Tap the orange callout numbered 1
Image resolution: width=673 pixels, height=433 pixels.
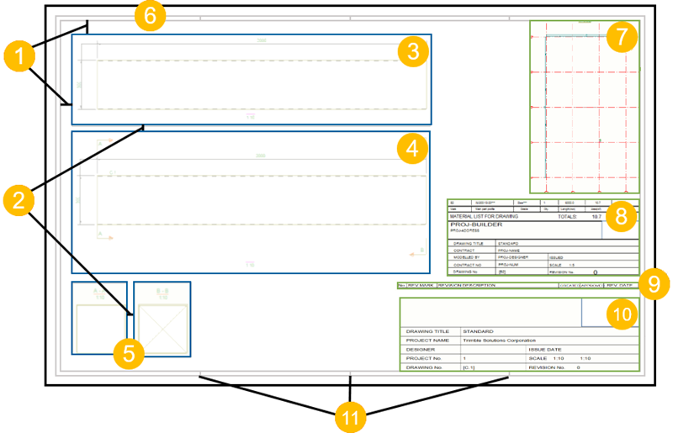(x=19, y=59)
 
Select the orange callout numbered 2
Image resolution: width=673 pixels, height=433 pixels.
(x=19, y=200)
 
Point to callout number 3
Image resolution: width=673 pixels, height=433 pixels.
(x=411, y=52)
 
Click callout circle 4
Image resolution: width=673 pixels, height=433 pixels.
(x=411, y=150)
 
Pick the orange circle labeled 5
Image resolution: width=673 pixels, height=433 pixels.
(x=128, y=352)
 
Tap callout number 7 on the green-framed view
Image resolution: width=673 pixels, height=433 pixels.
(x=621, y=36)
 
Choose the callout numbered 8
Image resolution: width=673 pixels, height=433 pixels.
(x=621, y=217)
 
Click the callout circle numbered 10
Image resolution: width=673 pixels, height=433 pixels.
(x=621, y=314)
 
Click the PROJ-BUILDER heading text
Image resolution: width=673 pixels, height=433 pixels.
(x=477, y=225)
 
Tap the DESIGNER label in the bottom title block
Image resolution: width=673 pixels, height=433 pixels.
(x=421, y=349)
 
